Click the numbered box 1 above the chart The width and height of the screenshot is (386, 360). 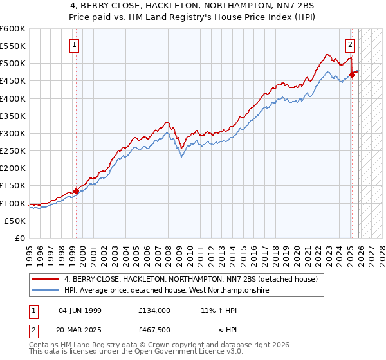point(75,45)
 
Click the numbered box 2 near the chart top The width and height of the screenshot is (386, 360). point(350,45)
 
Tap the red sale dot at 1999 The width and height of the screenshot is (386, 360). point(76,191)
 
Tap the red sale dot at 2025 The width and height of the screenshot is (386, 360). point(352,75)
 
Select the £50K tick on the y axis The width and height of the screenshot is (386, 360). point(15,221)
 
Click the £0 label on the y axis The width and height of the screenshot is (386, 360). point(20,238)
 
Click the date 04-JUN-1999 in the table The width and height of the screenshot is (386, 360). point(80,310)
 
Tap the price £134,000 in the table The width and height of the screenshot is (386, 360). point(154,310)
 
